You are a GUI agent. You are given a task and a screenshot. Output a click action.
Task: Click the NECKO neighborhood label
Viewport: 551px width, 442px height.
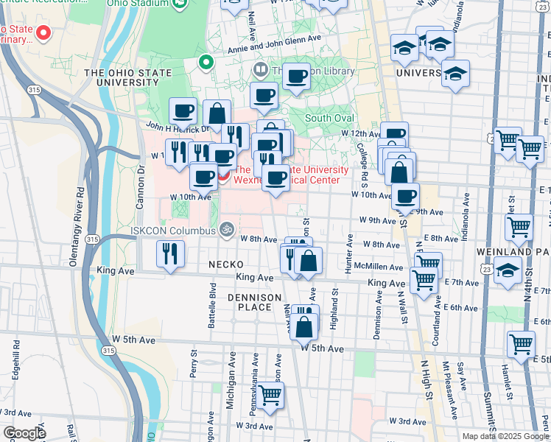pos(225,264)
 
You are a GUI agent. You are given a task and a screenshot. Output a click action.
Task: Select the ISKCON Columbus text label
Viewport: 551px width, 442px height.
pos(172,230)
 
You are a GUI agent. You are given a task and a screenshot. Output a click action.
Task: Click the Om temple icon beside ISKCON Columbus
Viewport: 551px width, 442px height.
pos(227,230)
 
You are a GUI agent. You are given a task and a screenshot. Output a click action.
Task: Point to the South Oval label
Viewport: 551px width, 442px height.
pos(329,118)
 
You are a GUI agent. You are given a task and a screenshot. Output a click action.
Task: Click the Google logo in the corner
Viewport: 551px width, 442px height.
pos(24,433)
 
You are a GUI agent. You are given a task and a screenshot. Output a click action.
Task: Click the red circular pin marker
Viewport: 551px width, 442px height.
pos(43,33)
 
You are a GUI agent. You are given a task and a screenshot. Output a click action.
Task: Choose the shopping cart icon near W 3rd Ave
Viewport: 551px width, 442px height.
pos(270,395)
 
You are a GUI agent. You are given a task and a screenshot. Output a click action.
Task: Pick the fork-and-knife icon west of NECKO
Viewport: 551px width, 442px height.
pos(170,254)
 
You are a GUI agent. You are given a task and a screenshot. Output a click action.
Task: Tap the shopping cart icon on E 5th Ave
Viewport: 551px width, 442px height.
pos(521,344)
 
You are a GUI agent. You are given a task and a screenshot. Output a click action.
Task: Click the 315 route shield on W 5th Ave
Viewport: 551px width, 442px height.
pos(109,352)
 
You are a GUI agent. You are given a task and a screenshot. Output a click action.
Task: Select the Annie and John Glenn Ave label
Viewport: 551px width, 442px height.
pos(274,38)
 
